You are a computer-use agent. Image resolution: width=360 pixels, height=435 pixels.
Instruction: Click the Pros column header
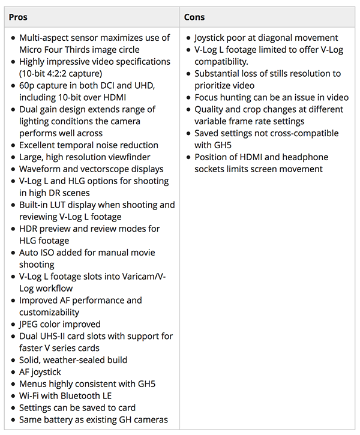(x=18, y=17)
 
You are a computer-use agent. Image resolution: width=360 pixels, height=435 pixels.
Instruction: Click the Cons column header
(x=194, y=17)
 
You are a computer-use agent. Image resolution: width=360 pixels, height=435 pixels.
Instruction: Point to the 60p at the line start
(x=28, y=85)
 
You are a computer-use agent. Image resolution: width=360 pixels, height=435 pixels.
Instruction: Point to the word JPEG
(x=31, y=324)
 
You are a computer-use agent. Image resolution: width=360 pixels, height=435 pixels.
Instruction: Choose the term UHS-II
(x=56, y=336)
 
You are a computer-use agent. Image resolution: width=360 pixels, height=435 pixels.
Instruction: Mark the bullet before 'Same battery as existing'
(x=13, y=420)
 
